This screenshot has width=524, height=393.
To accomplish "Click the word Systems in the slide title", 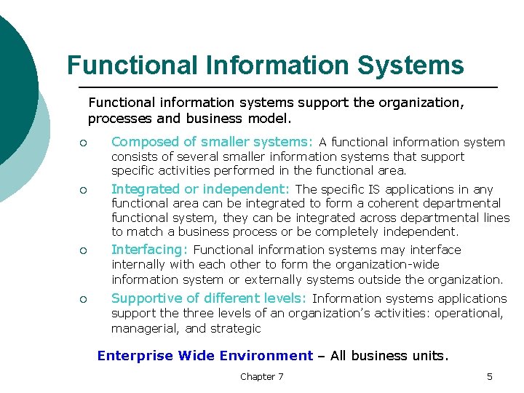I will pyautogui.click(x=410, y=65).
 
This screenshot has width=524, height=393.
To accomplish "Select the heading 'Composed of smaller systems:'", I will pyautogui.click(x=212, y=142).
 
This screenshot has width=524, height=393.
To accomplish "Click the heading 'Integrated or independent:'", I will pyautogui.click(x=200, y=189).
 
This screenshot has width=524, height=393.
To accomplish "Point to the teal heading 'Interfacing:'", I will pyautogui.click(x=150, y=250).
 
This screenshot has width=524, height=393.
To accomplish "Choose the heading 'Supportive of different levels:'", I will pyautogui.click(x=210, y=298).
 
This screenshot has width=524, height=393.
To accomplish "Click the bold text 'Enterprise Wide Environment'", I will pyautogui.click(x=205, y=356).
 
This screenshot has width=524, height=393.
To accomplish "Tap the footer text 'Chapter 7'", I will pyautogui.click(x=261, y=376).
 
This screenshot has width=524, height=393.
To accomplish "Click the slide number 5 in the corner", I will pyautogui.click(x=490, y=376).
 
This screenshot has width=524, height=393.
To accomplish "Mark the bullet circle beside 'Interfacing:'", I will pyautogui.click(x=85, y=251).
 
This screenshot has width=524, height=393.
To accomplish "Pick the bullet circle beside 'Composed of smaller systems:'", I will pyautogui.click(x=85, y=143).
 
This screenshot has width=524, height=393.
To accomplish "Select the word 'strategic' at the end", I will pyautogui.click(x=235, y=328).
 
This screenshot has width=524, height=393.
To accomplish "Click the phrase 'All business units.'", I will pyautogui.click(x=389, y=356).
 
